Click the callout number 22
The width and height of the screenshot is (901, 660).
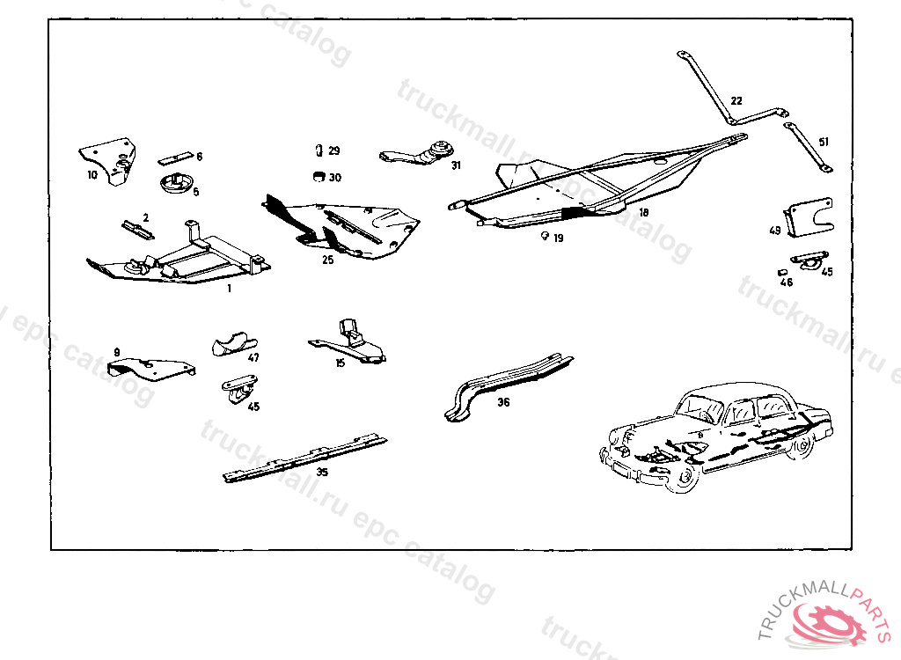[x=736, y=100]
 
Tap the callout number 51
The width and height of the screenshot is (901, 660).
[x=824, y=142]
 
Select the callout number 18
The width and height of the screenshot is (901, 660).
[x=643, y=213]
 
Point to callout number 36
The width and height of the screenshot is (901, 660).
[x=502, y=402]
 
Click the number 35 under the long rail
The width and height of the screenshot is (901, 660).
[x=322, y=473]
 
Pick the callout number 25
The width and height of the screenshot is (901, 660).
[x=327, y=260]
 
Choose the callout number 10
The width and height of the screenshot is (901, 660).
[x=92, y=174]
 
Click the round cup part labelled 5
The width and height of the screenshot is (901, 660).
[x=174, y=183]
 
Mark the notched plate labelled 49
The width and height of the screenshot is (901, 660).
[x=807, y=216]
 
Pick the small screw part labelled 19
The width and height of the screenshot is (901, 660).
[x=546, y=236]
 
